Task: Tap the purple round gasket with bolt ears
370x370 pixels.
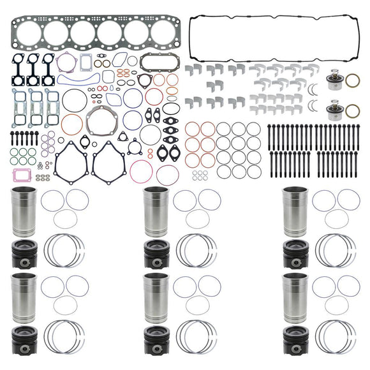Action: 66,63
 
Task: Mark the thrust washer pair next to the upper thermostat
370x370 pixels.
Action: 312,88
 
